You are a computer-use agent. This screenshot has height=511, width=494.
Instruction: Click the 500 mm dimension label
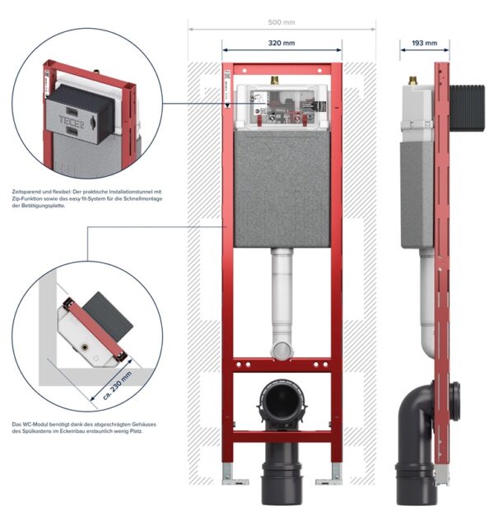point(282,22)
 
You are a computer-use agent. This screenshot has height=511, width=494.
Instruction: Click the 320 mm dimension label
point(282,43)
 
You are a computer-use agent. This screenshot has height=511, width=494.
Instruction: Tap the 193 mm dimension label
point(425,43)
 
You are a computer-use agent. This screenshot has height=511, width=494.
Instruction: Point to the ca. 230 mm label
point(117,386)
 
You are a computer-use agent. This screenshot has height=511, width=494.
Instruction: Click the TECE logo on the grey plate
point(72,123)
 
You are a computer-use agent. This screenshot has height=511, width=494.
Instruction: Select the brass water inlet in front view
point(274,80)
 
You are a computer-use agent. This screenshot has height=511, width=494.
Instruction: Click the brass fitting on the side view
point(414,80)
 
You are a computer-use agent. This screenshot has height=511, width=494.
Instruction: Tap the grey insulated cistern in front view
point(282,189)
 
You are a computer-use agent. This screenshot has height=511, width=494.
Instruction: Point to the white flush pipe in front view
point(282,303)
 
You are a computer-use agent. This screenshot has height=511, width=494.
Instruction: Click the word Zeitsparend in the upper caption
point(25,192)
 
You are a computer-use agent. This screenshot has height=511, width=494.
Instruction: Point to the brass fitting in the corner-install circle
point(86,346)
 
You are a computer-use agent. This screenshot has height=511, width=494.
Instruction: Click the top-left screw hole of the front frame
point(245,71)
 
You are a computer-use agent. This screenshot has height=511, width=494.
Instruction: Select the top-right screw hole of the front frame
point(319,71)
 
